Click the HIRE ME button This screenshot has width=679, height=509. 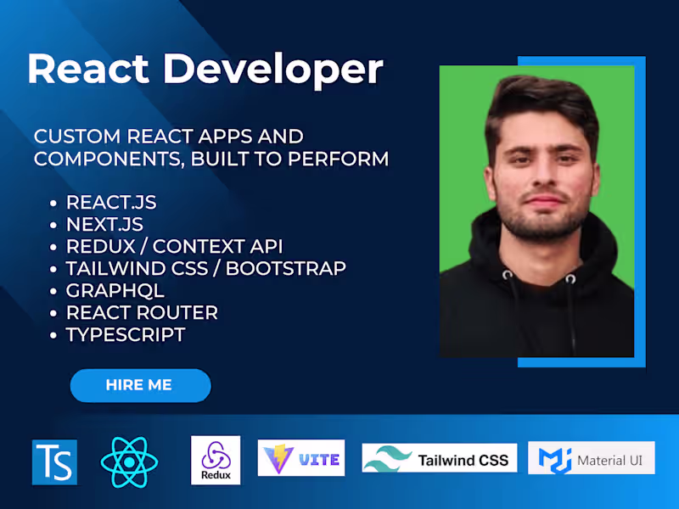[139, 385]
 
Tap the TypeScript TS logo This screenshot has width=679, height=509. [54, 461]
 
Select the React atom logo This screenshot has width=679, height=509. [129, 461]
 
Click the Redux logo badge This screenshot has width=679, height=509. [216, 461]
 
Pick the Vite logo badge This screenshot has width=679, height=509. [301, 458]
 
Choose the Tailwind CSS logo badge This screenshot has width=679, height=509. [440, 459]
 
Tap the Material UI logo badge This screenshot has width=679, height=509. [591, 459]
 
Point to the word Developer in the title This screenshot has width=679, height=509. [273, 70]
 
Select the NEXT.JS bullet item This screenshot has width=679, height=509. [104, 225]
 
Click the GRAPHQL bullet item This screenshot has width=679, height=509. [115, 290]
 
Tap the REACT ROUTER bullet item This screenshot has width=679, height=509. [142, 312]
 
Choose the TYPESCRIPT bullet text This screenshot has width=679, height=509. [126, 334]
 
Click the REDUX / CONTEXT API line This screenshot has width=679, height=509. [174, 247]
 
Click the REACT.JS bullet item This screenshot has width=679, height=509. [111, 203]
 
